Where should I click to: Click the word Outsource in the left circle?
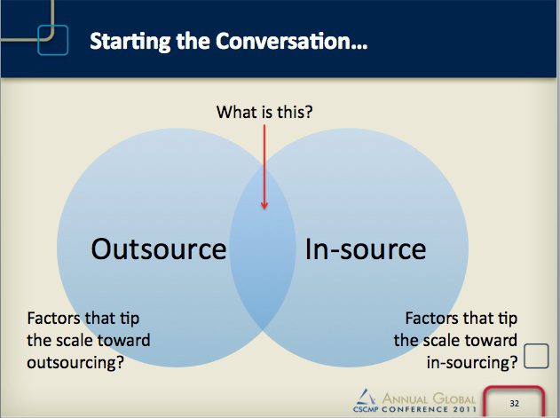[158, 248]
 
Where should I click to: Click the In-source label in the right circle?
[365, 248]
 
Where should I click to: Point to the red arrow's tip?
[264, 209]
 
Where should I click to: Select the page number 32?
[514, 403]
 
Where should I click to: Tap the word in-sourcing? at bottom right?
[472, 362]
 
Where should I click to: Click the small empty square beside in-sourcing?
[536, 356]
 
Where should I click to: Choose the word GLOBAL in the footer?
[453, 397]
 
